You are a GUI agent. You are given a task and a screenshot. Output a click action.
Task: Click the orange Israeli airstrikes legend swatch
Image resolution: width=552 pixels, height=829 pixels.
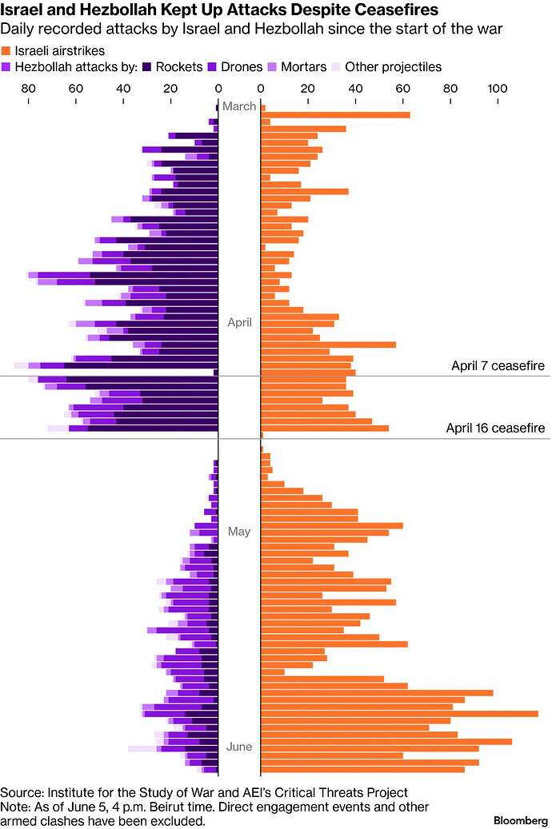tap(6, 50)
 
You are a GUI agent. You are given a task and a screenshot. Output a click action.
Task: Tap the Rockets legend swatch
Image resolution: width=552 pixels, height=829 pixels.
tap(146, 66)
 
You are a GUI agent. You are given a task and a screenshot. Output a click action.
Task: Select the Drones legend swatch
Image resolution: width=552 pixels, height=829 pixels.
tap(212, 66)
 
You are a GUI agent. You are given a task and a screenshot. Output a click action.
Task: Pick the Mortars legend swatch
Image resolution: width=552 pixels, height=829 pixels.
tap(272, 66)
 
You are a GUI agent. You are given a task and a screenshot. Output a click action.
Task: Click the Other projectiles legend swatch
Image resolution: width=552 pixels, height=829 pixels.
tap(336, 66)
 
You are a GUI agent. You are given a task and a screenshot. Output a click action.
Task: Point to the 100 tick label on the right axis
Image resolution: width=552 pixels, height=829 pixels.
tap(498, 88)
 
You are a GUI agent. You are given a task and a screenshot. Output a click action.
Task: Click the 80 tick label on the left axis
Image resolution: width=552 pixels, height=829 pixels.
tap(29, 88)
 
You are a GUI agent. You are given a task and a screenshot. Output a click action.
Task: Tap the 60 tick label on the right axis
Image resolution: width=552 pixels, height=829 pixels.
tap(402, 88)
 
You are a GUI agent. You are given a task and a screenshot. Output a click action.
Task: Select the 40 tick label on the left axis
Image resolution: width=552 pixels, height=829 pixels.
tap(123, 88)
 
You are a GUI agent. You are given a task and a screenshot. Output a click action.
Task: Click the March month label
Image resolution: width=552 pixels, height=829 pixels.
tap(239, 106)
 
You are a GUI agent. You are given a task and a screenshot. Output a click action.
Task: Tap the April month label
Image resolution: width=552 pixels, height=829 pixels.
tap(240, 322)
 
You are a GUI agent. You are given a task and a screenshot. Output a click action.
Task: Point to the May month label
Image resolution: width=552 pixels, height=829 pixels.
tap(239, 532)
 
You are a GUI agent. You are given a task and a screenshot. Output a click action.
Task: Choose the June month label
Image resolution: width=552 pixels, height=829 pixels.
tap(239, 747)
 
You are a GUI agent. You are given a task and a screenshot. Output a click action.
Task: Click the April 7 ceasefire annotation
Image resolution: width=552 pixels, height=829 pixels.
tap(498, 366)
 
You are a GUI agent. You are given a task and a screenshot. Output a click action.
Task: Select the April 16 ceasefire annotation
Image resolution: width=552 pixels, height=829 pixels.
tap(495, 428)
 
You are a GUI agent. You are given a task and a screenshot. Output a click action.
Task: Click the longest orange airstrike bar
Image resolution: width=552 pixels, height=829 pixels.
tap(399, 714)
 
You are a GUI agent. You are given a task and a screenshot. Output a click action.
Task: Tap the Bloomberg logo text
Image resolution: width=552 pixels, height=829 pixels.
tap(521, 820)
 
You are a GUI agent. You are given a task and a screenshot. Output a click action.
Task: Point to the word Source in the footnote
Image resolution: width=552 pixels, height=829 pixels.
tap(21, 792)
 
